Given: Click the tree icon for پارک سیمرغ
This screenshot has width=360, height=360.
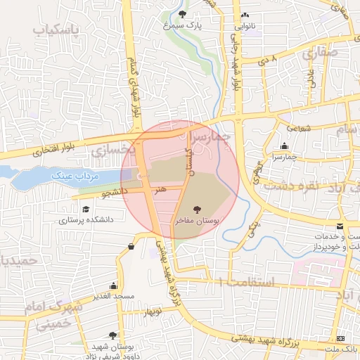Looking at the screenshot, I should point(184,15).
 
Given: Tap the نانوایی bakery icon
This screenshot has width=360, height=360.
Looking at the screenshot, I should point(245,15).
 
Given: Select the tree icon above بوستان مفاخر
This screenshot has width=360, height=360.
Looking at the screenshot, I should point(196,209).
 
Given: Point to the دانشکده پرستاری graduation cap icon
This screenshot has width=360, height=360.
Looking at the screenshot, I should point(86,210).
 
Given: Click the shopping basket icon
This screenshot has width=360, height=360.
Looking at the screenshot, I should point(131,246).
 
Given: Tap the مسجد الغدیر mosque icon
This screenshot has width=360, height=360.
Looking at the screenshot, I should point(113,285).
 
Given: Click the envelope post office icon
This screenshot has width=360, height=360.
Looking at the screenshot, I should point(340,226).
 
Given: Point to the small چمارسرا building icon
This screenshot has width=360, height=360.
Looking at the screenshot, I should point(284,146).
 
